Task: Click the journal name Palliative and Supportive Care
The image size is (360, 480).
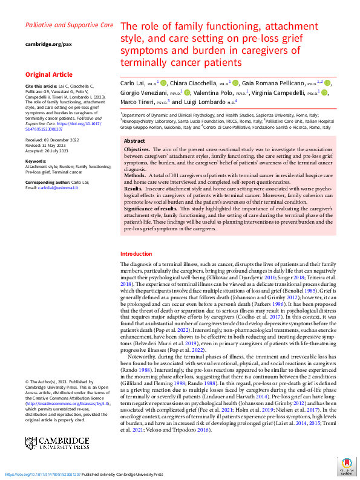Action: point(69,26)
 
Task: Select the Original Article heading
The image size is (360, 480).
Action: point(49,75)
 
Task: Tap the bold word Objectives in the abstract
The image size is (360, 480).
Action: point(137,149)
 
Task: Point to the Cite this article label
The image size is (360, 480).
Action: point(41,87)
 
